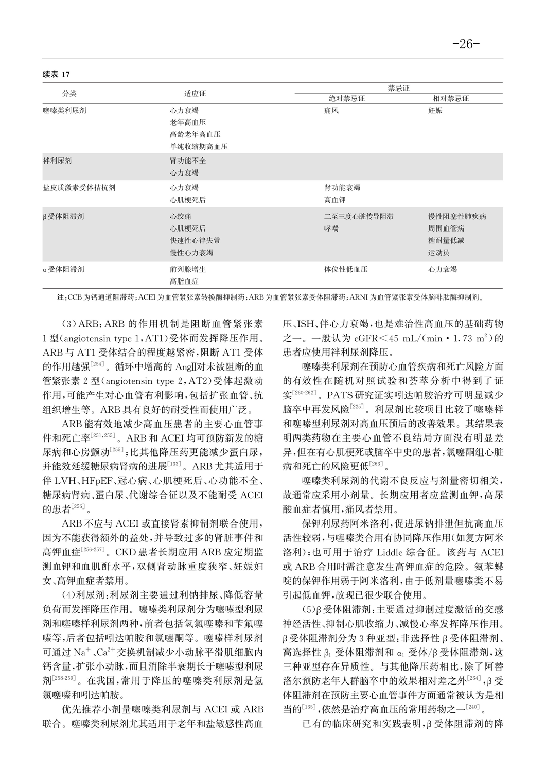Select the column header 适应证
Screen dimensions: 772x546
click(x=195, y=94)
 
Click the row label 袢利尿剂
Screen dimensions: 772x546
click(x=57, y=161)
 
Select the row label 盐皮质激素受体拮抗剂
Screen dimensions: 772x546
click(x=79, y=188)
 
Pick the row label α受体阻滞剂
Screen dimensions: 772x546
click(x=63, y=269)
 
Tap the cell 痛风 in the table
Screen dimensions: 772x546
click(x=331, y=110)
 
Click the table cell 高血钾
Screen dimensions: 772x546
click(x=335, y=200)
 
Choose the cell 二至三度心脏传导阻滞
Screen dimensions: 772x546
click(x=359, y=217)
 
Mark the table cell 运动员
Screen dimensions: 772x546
click(x=439, y=253)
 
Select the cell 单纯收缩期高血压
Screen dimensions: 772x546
click(x=199, y=147)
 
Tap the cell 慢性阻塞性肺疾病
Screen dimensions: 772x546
click(x=457, y=217)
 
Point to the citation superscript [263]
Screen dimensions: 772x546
click(x=377, y=465)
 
